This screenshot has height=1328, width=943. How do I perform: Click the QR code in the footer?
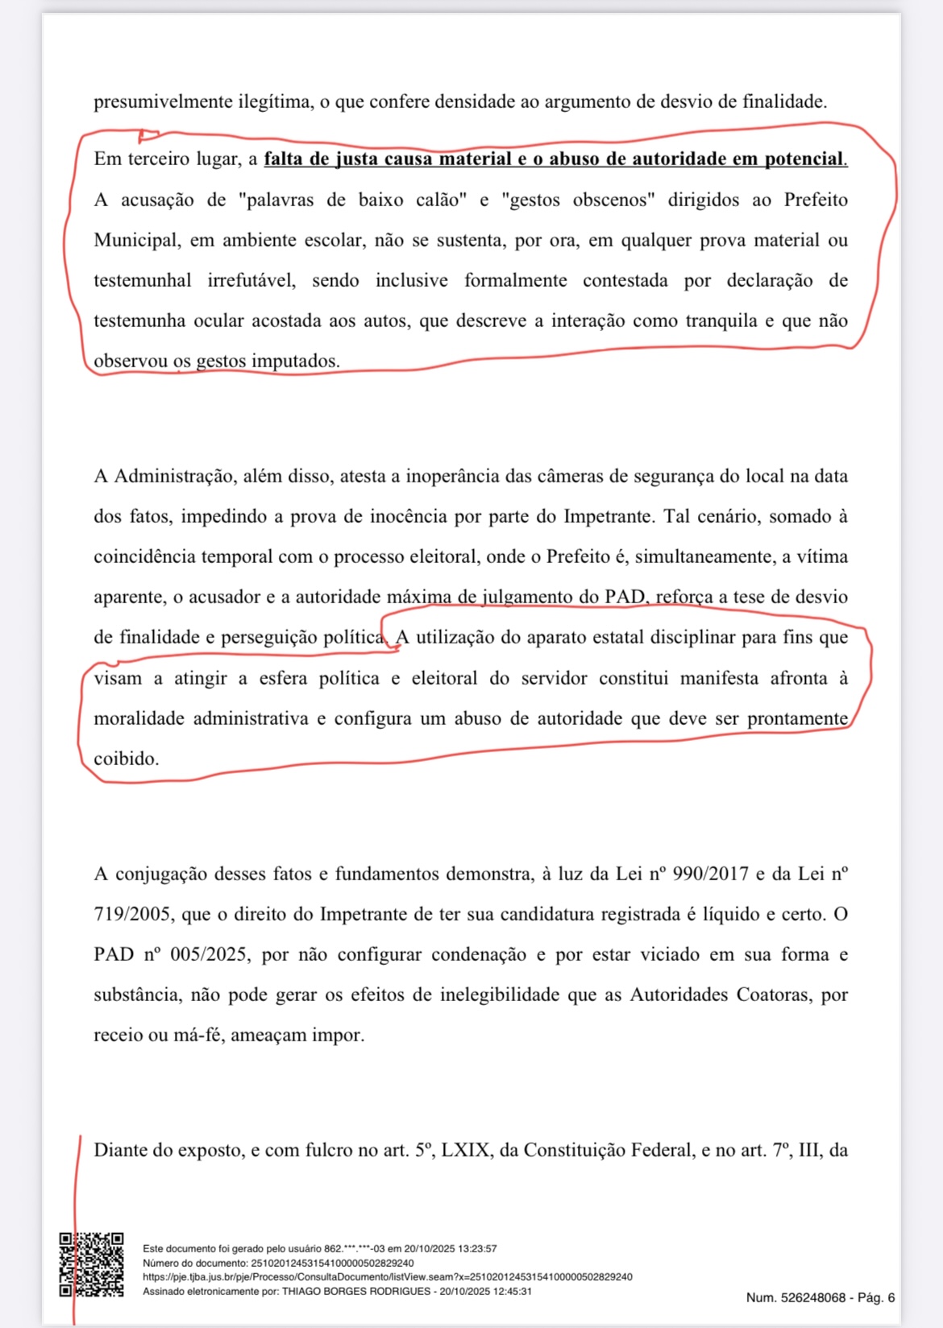click(x=91, y=1264)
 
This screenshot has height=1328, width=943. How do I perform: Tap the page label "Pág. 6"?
click(x=876, y=1298)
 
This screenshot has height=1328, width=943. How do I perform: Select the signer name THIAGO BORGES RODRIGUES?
click(x=356, y=1292)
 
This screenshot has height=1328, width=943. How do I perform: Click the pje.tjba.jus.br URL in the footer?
click(x=387, y=1277)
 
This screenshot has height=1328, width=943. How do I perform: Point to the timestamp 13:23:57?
click(x=477, y=1249)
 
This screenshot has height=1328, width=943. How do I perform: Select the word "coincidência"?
click(x=145, y=556)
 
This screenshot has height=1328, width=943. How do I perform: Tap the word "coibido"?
click(x=125, y=759)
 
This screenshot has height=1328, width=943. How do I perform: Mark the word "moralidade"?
click(x=138, y=718)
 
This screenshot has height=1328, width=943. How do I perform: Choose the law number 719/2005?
click(x=132, y=914)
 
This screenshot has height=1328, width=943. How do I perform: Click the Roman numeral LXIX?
click(x=465, y=1150)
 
